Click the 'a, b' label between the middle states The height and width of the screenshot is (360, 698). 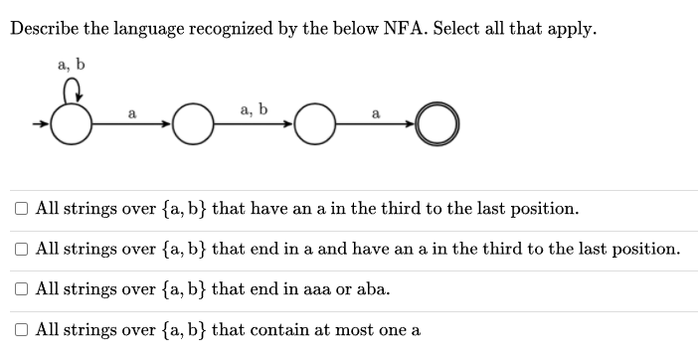click(x=254, y=107)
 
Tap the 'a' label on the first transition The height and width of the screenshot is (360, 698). click(x=131, y=113)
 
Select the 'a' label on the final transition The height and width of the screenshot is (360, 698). click(x=375, y=113)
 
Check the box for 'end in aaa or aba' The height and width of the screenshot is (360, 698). click(x=21, y=289)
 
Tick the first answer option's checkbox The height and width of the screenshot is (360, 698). click(x=21, y=209)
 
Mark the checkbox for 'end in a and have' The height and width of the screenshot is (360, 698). click(x=21, y=249)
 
